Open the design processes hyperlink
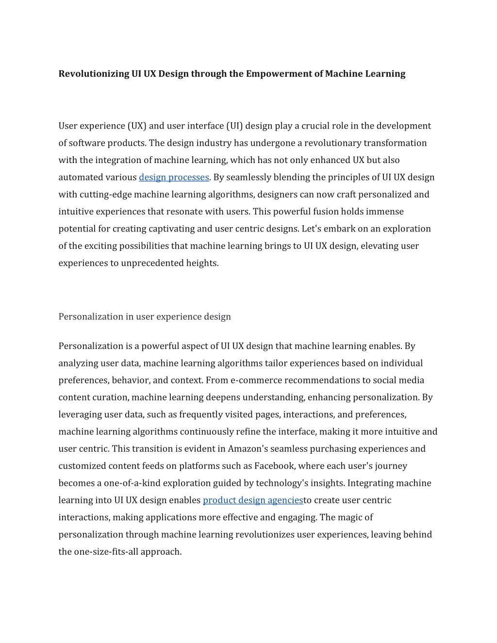tap(174, 177)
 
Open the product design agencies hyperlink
tap(252, 500)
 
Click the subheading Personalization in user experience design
tap(145, 316)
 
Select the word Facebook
tap(274, 466)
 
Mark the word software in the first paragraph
tap(87, 143)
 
